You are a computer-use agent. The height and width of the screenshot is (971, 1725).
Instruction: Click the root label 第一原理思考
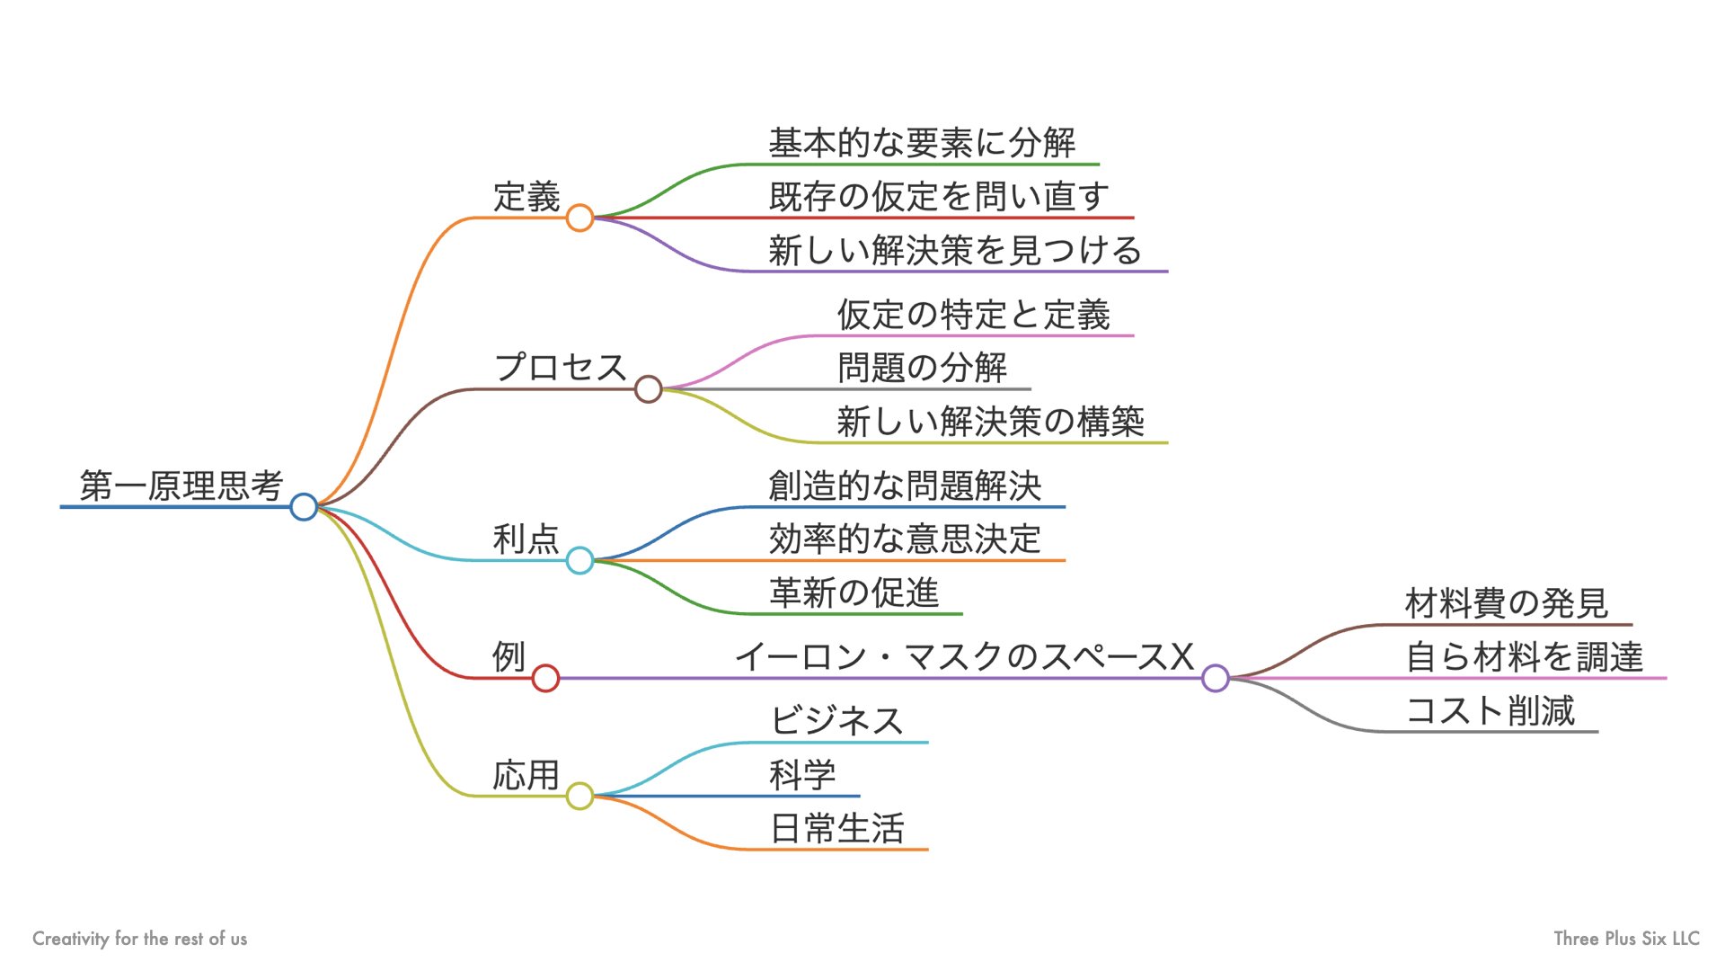pos(181,485)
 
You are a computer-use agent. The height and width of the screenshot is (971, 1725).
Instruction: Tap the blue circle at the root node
pos(304,507)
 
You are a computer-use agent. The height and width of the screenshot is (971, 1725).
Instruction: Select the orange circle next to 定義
pos(579,218)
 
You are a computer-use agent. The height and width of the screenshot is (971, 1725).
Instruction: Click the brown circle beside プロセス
pos(648,389)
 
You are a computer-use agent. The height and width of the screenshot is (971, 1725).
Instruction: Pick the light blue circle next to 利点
pos(579,561)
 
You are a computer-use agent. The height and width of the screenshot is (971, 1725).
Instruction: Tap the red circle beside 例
pos(545,678)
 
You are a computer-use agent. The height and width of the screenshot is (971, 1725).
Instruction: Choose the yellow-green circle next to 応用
pos(579,796)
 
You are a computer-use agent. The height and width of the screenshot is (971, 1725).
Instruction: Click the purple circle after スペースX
pos(1215,678)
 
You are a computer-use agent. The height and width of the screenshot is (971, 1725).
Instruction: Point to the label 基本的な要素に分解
pos(922,143)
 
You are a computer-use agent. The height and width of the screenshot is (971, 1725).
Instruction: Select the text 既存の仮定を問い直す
pos(939,197)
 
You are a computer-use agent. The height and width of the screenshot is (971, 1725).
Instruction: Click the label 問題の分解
pos(922,368)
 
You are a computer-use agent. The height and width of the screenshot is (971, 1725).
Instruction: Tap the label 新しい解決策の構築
pos(990,422)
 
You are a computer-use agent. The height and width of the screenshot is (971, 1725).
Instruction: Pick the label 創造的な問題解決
pos(905,486)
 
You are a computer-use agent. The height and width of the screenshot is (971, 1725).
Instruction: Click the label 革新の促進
pos(854,593)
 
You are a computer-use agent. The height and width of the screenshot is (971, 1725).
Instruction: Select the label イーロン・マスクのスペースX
pos(964,657)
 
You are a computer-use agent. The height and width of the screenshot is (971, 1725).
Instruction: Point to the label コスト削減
pos(1490,711)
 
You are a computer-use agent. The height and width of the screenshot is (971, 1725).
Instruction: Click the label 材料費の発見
pos(1506,603)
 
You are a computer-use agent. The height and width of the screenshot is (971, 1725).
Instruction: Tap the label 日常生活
pos(836,828)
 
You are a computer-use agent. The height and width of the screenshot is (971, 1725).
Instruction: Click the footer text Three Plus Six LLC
pos(1626,939)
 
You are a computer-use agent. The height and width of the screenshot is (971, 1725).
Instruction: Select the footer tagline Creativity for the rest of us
pos(139,939)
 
